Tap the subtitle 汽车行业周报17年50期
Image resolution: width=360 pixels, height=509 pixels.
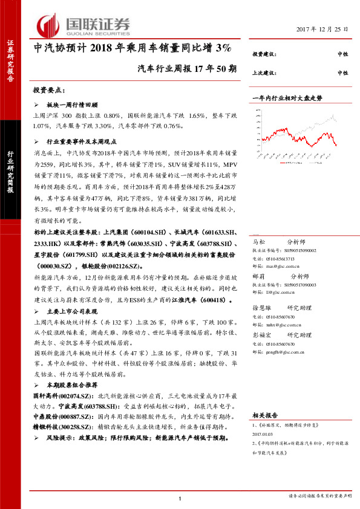pyautogui.click(x=187, y=68)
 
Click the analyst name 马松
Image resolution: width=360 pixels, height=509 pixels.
pyautogui.click(x=259, y=241)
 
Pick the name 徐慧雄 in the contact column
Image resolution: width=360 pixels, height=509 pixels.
pyautogui.click(x=261, y=308)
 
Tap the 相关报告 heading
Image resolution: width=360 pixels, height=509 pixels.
pyautogui.click(x=264, y=416)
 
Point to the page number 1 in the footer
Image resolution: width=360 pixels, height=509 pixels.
pyautogui.click(x=180, y=498)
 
